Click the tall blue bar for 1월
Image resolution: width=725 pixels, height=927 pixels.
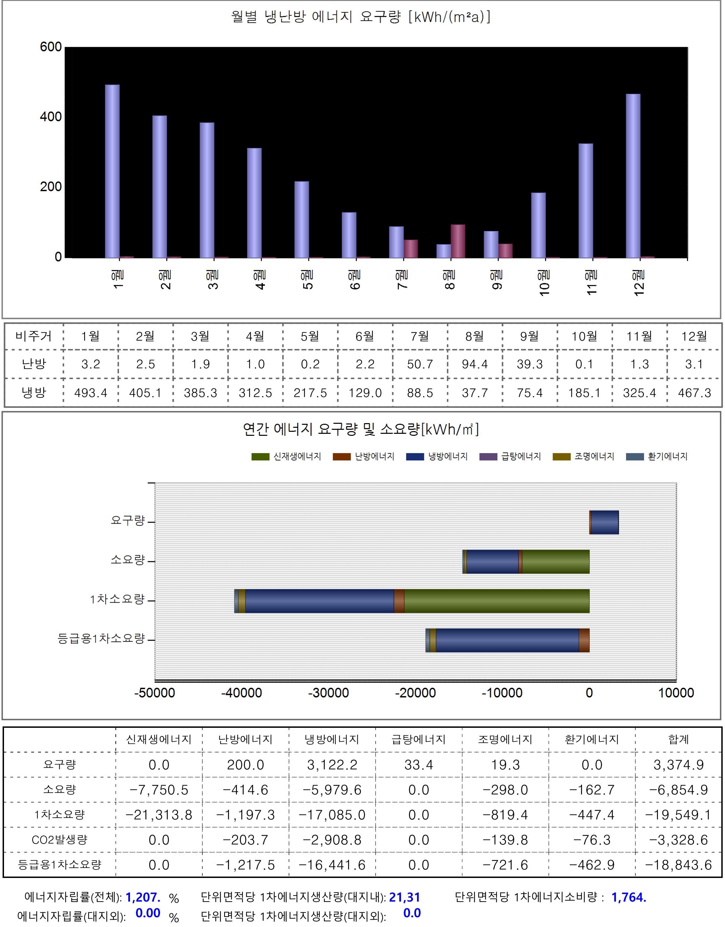tap(112, 171)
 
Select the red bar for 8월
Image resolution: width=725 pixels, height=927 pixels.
tap(458, 241)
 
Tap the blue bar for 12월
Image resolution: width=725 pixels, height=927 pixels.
tap(633, 176)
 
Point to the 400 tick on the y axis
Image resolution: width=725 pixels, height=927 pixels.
tap(51, 117)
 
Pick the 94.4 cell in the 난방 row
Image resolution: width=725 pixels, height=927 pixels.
tap(475, 364)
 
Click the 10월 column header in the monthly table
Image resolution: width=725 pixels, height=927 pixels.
tap(584, 336)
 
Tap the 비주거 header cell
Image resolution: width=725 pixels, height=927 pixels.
tap(34, 336)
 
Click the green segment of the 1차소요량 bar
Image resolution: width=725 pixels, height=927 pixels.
tap(497, 601)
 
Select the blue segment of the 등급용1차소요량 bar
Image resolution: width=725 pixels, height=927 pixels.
tap(507, 640)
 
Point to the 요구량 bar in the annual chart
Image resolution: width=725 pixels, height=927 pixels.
tap(604, 522)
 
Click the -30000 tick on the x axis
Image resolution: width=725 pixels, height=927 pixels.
tap(328, 693)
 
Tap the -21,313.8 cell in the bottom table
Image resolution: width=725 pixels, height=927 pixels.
tap(159, 815)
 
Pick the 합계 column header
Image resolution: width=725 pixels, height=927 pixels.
tap(678, 740)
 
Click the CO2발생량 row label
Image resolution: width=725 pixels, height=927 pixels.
tap(59, 840)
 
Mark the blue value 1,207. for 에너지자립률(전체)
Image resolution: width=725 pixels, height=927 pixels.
tap(143, 897)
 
